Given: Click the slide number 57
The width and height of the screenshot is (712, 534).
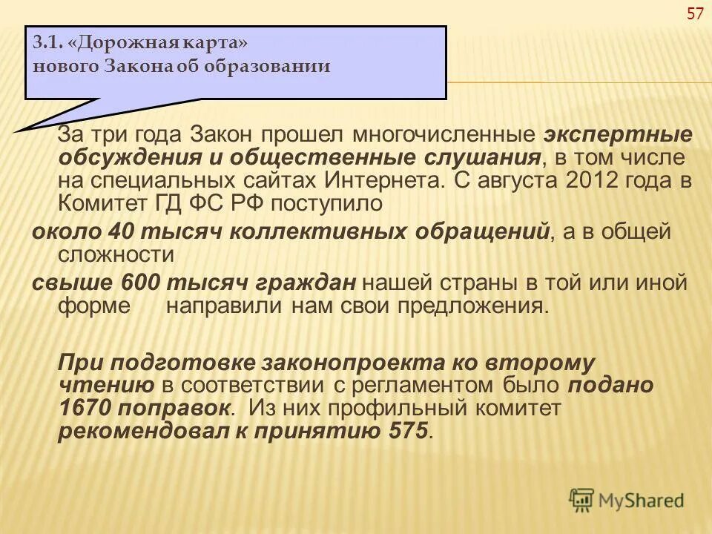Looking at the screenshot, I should pos(695,14).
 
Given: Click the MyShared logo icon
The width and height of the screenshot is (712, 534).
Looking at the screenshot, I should pos(582,499).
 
